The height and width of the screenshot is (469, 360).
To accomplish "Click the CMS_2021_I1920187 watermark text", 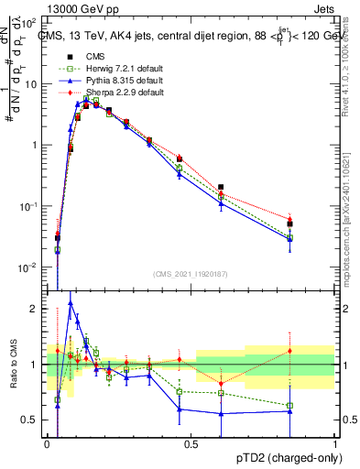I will click(191, 274).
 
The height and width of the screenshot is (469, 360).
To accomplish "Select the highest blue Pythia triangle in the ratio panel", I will click(71, 303).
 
